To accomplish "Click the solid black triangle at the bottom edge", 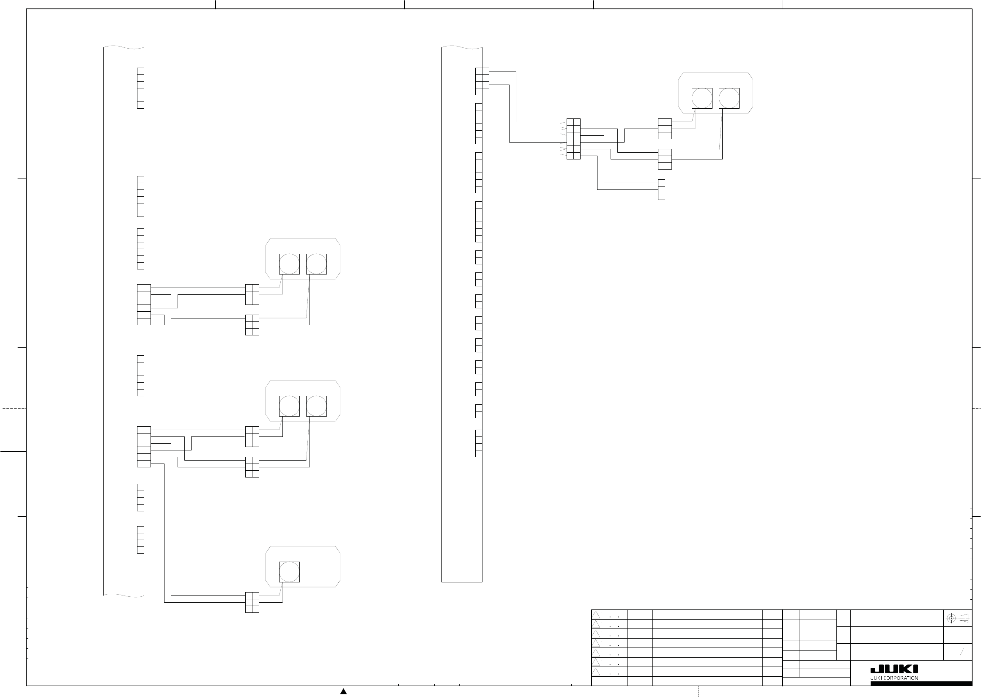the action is [x=343, y=691].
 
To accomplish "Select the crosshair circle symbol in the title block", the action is [x=951, y=618].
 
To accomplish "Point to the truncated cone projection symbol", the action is [x=964, y=618].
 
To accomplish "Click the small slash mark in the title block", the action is [x=962, y=652].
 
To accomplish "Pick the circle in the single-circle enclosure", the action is [x=289, y=572].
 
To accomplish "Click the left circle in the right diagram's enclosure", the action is [x=701, y=98].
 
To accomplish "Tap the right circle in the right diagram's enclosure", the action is [x=729, y=98].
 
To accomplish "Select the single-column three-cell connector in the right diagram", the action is [x=661, y=190].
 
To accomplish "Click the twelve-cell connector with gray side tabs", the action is [x=573, y=139].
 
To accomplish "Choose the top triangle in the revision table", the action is [x=596, y=615].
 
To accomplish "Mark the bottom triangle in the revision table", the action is [x=596, y=672].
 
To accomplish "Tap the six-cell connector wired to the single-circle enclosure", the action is [x=252, y=602].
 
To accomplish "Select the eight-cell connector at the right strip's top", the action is [x=482, y=81].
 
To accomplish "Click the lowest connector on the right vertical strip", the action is [x=479, y=443].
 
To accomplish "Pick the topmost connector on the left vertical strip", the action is [x=140, y=88].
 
